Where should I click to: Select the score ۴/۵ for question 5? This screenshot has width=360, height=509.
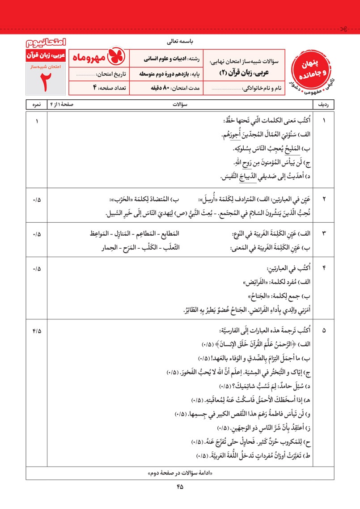36,331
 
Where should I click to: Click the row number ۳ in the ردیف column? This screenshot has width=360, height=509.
324,233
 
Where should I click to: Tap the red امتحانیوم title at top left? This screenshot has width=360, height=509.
45,43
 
